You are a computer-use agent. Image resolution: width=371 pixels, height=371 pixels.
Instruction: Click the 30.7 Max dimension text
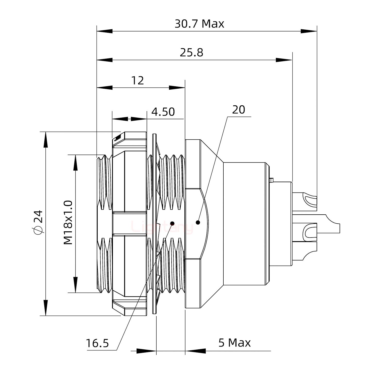(x=199, y=24)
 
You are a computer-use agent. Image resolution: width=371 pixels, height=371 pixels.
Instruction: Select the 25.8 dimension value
(x=191, y=53)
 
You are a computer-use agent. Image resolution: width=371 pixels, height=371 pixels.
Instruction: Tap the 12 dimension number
(x=138, y=81)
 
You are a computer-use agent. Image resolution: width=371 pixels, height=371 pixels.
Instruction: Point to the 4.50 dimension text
(x=163, y=112)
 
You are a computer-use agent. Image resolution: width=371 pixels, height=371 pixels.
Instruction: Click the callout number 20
(x=239, y=110)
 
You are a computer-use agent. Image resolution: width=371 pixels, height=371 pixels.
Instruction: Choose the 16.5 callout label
(x=97, y=343)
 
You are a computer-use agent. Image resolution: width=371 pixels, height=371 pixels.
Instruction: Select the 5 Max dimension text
(x=234, y=343)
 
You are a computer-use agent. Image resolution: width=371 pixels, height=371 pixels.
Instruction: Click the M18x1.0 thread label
(x=68, y=223)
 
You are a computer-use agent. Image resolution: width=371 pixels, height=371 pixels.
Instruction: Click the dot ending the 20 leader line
(x=198, y=222)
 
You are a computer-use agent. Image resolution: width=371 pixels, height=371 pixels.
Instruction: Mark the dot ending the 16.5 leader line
(x=172, y=223)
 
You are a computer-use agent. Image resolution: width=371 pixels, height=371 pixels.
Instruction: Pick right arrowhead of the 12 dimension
(x=177, y=88)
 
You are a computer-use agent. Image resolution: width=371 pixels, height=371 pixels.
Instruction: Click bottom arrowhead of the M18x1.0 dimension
(x=75, y=285)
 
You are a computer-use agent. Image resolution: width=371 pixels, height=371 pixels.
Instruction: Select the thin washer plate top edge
(x=154, y=134)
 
